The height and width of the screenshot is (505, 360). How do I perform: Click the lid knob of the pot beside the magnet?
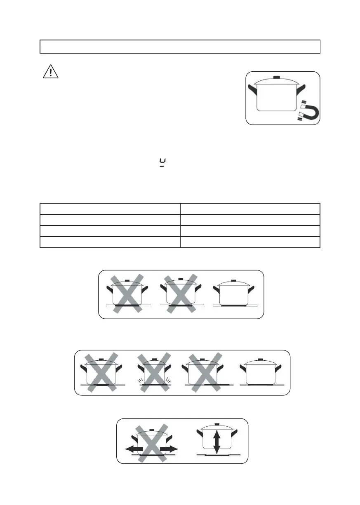[277, 78]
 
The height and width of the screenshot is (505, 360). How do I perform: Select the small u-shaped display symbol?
[162, 164]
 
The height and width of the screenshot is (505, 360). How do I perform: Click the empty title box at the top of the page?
[180, 47]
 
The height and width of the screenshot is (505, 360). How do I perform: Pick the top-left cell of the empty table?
[110, 208]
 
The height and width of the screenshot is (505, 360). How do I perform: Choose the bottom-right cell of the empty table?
[250, 242]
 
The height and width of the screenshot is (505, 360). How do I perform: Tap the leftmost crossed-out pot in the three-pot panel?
[127, 294]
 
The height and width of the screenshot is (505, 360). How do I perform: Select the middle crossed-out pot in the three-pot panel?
[180, 294]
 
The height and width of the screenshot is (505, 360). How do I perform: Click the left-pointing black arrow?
[134, 449]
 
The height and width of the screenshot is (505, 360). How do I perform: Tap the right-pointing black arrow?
[169, 449]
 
